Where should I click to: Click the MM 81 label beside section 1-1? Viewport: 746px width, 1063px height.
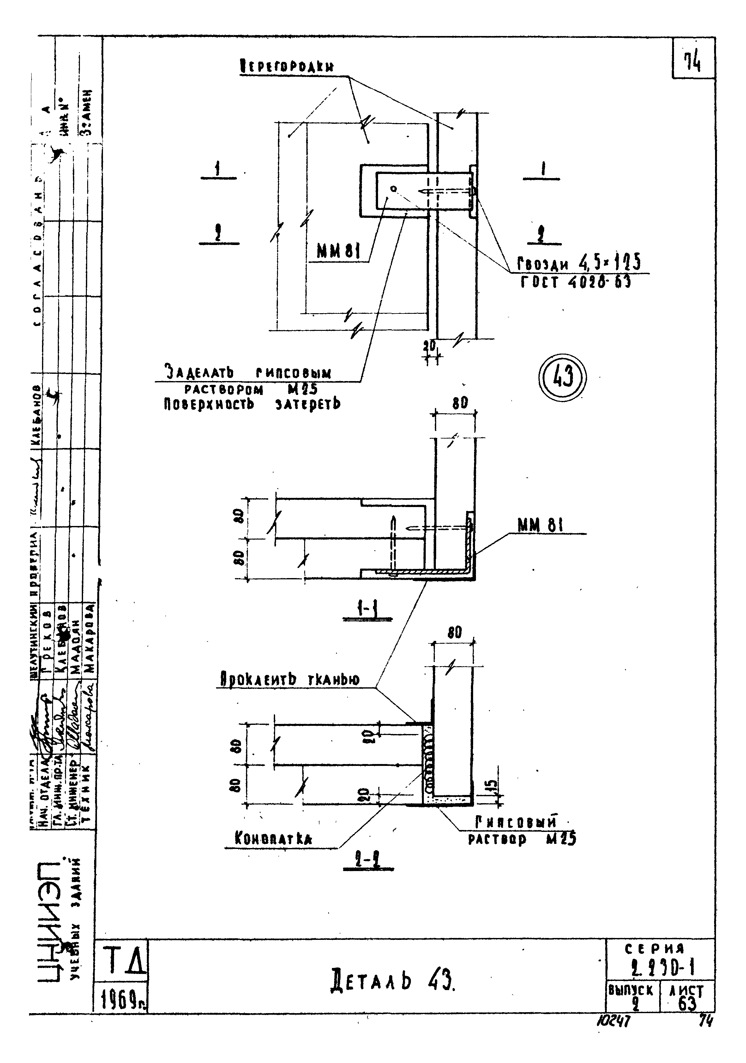click(540, 525)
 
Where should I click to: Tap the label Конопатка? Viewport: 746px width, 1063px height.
click(273, 839)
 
